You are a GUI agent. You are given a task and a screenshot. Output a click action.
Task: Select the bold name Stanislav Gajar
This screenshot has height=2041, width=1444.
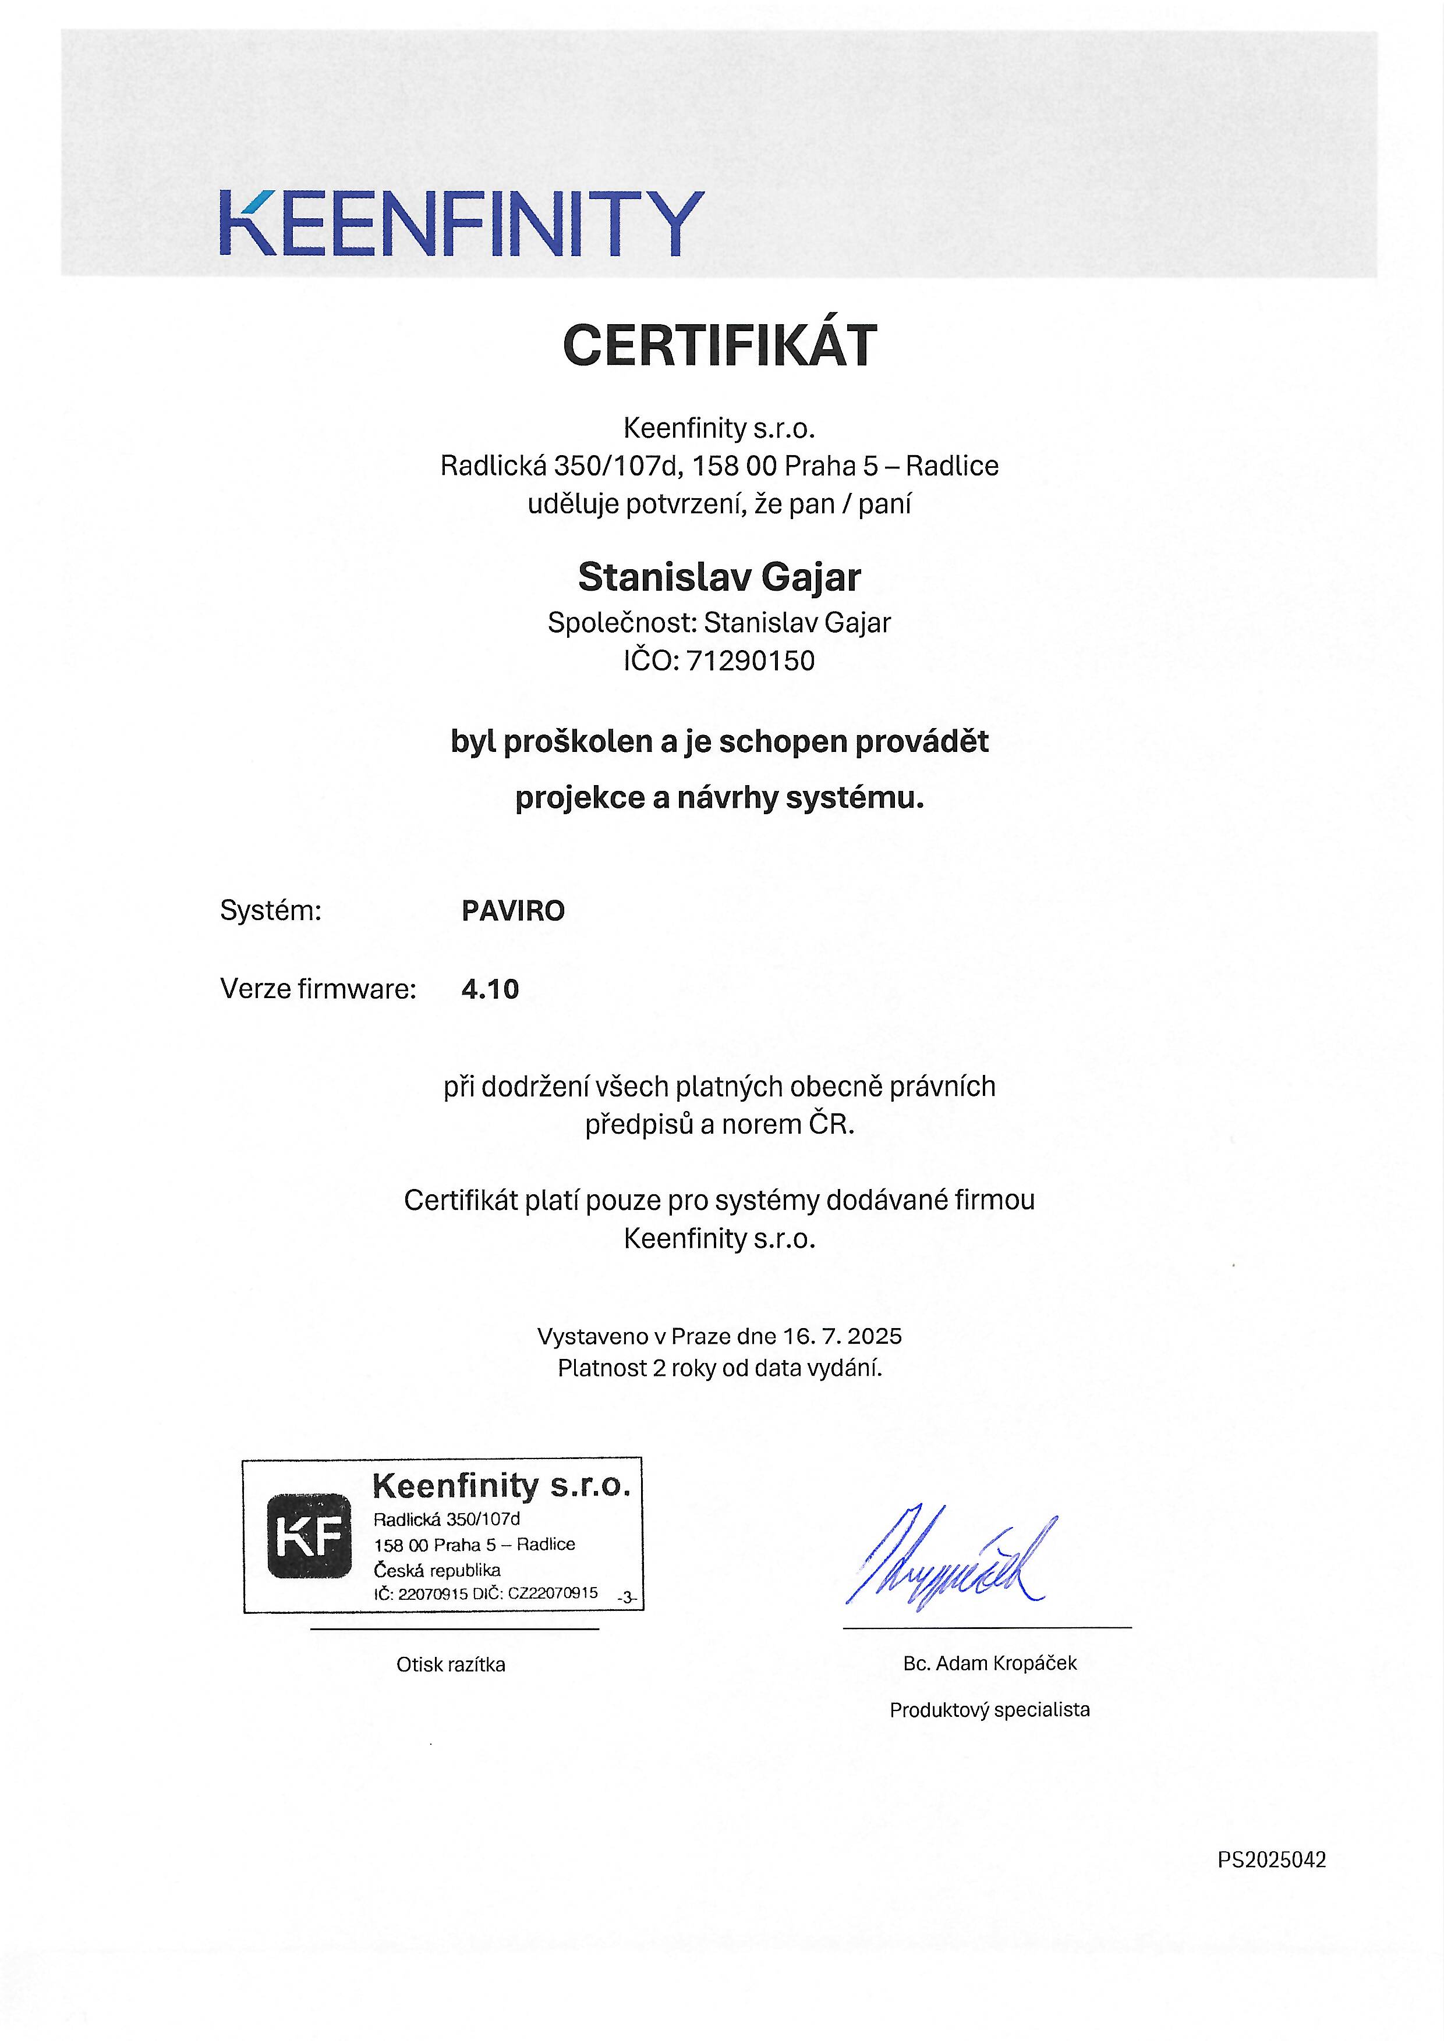click(719, 578)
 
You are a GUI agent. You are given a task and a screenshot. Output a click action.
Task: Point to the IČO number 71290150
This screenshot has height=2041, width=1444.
click(751, 661)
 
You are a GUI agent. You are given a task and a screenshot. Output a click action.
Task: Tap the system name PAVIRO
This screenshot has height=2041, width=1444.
click(513, 911)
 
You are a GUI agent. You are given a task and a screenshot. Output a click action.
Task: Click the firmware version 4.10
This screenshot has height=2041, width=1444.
click(490, 989)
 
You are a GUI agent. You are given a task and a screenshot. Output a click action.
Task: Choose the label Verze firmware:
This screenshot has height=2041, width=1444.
click(318, 989)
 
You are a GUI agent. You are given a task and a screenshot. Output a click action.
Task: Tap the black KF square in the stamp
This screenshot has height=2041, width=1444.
click(309, 1536)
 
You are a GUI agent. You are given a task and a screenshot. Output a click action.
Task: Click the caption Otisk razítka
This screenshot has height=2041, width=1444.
click(451, 1665)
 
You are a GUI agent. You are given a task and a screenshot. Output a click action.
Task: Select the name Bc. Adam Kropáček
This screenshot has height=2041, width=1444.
click(990, 1663)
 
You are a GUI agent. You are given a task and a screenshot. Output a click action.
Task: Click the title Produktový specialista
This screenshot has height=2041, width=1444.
click(990, 1709)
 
